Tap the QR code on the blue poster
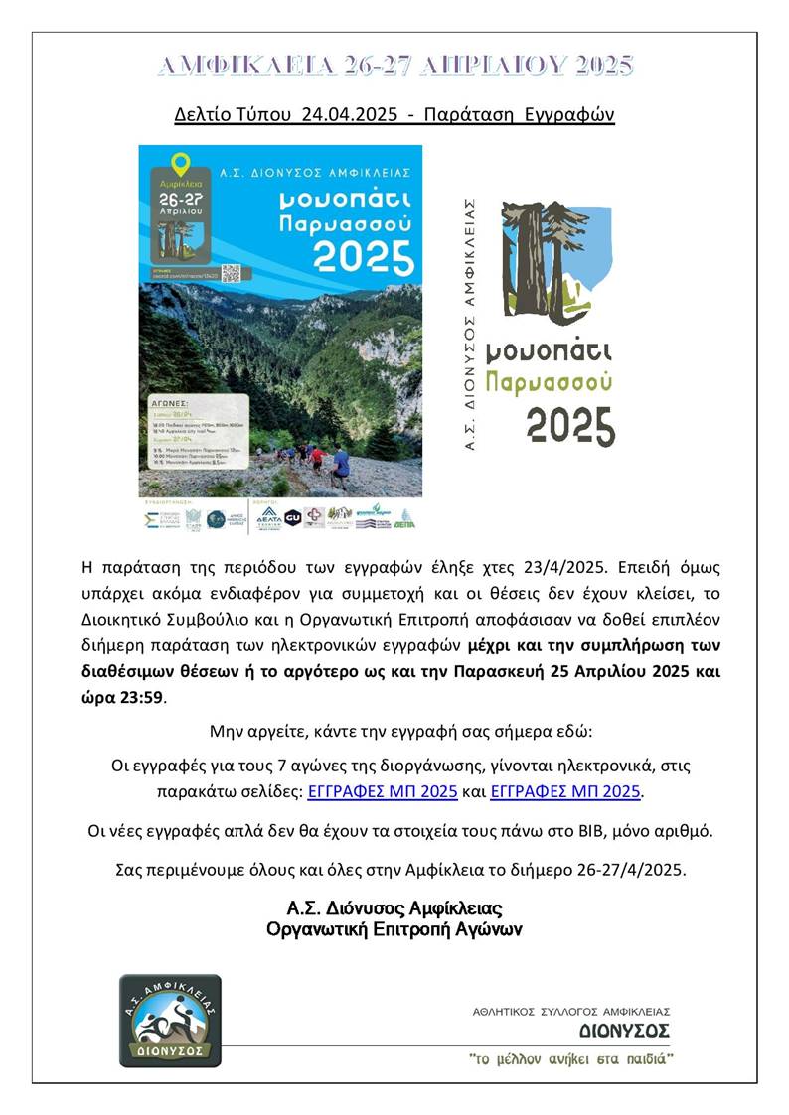pos(231,272)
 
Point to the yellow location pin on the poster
pos(180,163)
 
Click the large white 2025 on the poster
pos(364,258)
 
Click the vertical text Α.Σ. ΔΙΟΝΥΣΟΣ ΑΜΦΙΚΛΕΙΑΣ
pos(472,324)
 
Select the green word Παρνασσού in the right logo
pos(549,381)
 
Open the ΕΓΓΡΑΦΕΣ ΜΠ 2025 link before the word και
pos(384,791)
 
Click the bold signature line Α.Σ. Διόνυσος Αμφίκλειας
pos(394,909)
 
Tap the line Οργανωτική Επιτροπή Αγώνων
pos(394,930)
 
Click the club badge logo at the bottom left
pos(170,1020)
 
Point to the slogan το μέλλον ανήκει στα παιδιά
pos(571,1059)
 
